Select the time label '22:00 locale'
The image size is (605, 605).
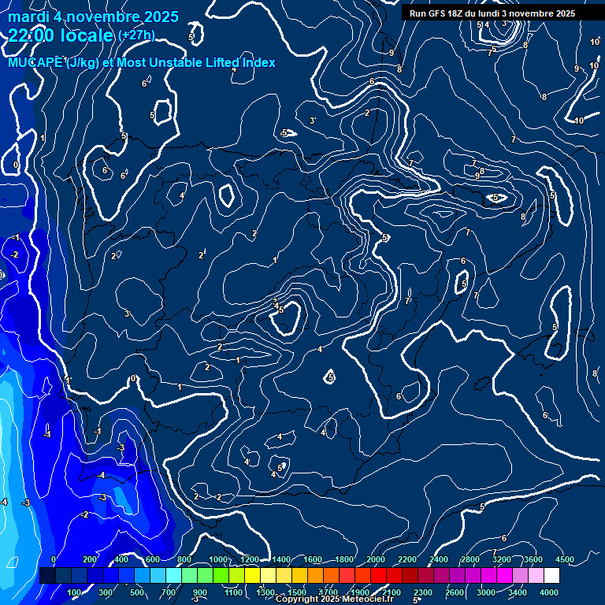click(x=61, y=35)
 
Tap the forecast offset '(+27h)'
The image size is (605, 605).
click(x=136, y=35)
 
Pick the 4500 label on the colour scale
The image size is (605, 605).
click(x=565, y=559)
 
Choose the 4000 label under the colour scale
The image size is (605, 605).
click(x=549, y=592)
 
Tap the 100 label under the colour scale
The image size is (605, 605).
click(x=75, y=592)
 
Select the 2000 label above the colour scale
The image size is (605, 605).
click(x=375, y=559)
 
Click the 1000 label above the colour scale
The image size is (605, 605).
click(x=217, y=559)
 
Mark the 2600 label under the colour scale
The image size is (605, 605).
click(x=455, y=592)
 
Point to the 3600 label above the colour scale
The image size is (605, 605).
click(x=533, y=559)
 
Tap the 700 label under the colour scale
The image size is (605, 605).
click(x=169, y=592)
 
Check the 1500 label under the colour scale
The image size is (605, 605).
click(x=297, y=592)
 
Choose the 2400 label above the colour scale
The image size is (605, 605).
click(x=439, y=559)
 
